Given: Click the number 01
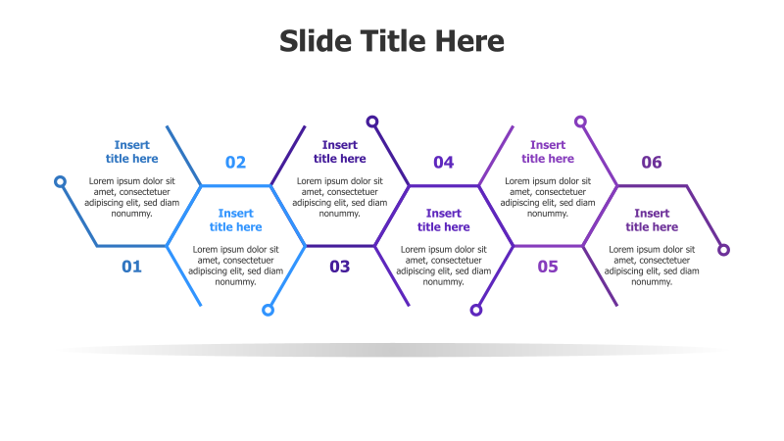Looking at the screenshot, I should [x=131, y=266].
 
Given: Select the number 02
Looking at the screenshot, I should [x=235, y=163].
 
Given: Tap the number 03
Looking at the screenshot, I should [x=339, y=266].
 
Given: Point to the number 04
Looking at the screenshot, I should [x=443, y=163].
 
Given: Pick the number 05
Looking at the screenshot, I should [x=547, y=266].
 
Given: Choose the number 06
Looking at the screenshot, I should [x=652, y=163].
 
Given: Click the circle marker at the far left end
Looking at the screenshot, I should [x=60, y=181].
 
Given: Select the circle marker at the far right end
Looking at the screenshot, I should [x=724, y=250].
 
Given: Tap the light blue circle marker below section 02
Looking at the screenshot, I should [x=268, y=310].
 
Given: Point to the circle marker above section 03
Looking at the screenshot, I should [x=372, y=122].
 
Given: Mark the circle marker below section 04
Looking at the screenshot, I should [x=476, y=310].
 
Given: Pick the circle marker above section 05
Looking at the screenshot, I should [x=580, y=122].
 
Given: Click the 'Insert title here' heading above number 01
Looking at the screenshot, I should [x=131, y=152].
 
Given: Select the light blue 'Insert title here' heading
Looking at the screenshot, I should [x=235, y=220].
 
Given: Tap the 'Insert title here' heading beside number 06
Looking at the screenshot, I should [x=652, y=220].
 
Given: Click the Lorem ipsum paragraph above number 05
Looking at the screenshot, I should [x=547, y=196].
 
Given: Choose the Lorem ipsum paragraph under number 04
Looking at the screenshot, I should [x=443, y=265].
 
